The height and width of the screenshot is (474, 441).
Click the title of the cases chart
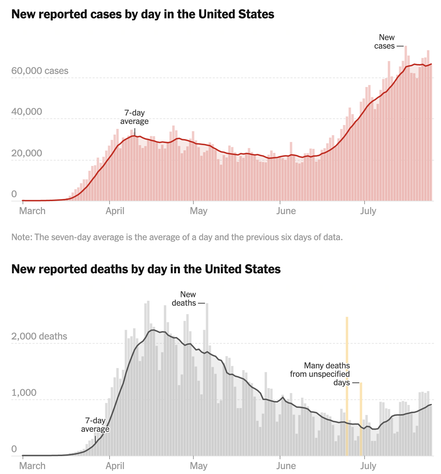click(143, 14)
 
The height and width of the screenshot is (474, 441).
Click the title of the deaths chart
click(146, 269)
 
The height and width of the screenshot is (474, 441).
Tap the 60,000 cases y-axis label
click(40, 71)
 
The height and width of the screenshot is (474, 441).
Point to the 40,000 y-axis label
click(27, 112)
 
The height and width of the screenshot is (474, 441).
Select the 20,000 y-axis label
click(27, 153)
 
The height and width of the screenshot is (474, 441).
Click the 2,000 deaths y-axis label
click(39, 336)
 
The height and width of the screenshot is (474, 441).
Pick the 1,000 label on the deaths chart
click(24, 393)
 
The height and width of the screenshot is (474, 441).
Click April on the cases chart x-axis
click(115, 211)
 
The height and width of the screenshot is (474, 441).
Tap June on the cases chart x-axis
click(286, 211)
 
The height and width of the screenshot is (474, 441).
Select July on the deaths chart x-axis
click(368, 466)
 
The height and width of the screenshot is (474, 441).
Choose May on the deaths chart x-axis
click(198, 466)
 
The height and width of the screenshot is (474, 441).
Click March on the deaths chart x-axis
click(32, 466)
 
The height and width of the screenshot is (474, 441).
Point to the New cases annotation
click(385, 42)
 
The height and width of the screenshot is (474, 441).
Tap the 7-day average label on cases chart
click(135, 117)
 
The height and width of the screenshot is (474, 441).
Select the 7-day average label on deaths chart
click(95, 425)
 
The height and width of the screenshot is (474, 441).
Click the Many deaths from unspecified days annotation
click(320, 374)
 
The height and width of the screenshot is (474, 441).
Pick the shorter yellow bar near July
click(361, 419)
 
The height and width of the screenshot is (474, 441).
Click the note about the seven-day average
click(177, 237)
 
